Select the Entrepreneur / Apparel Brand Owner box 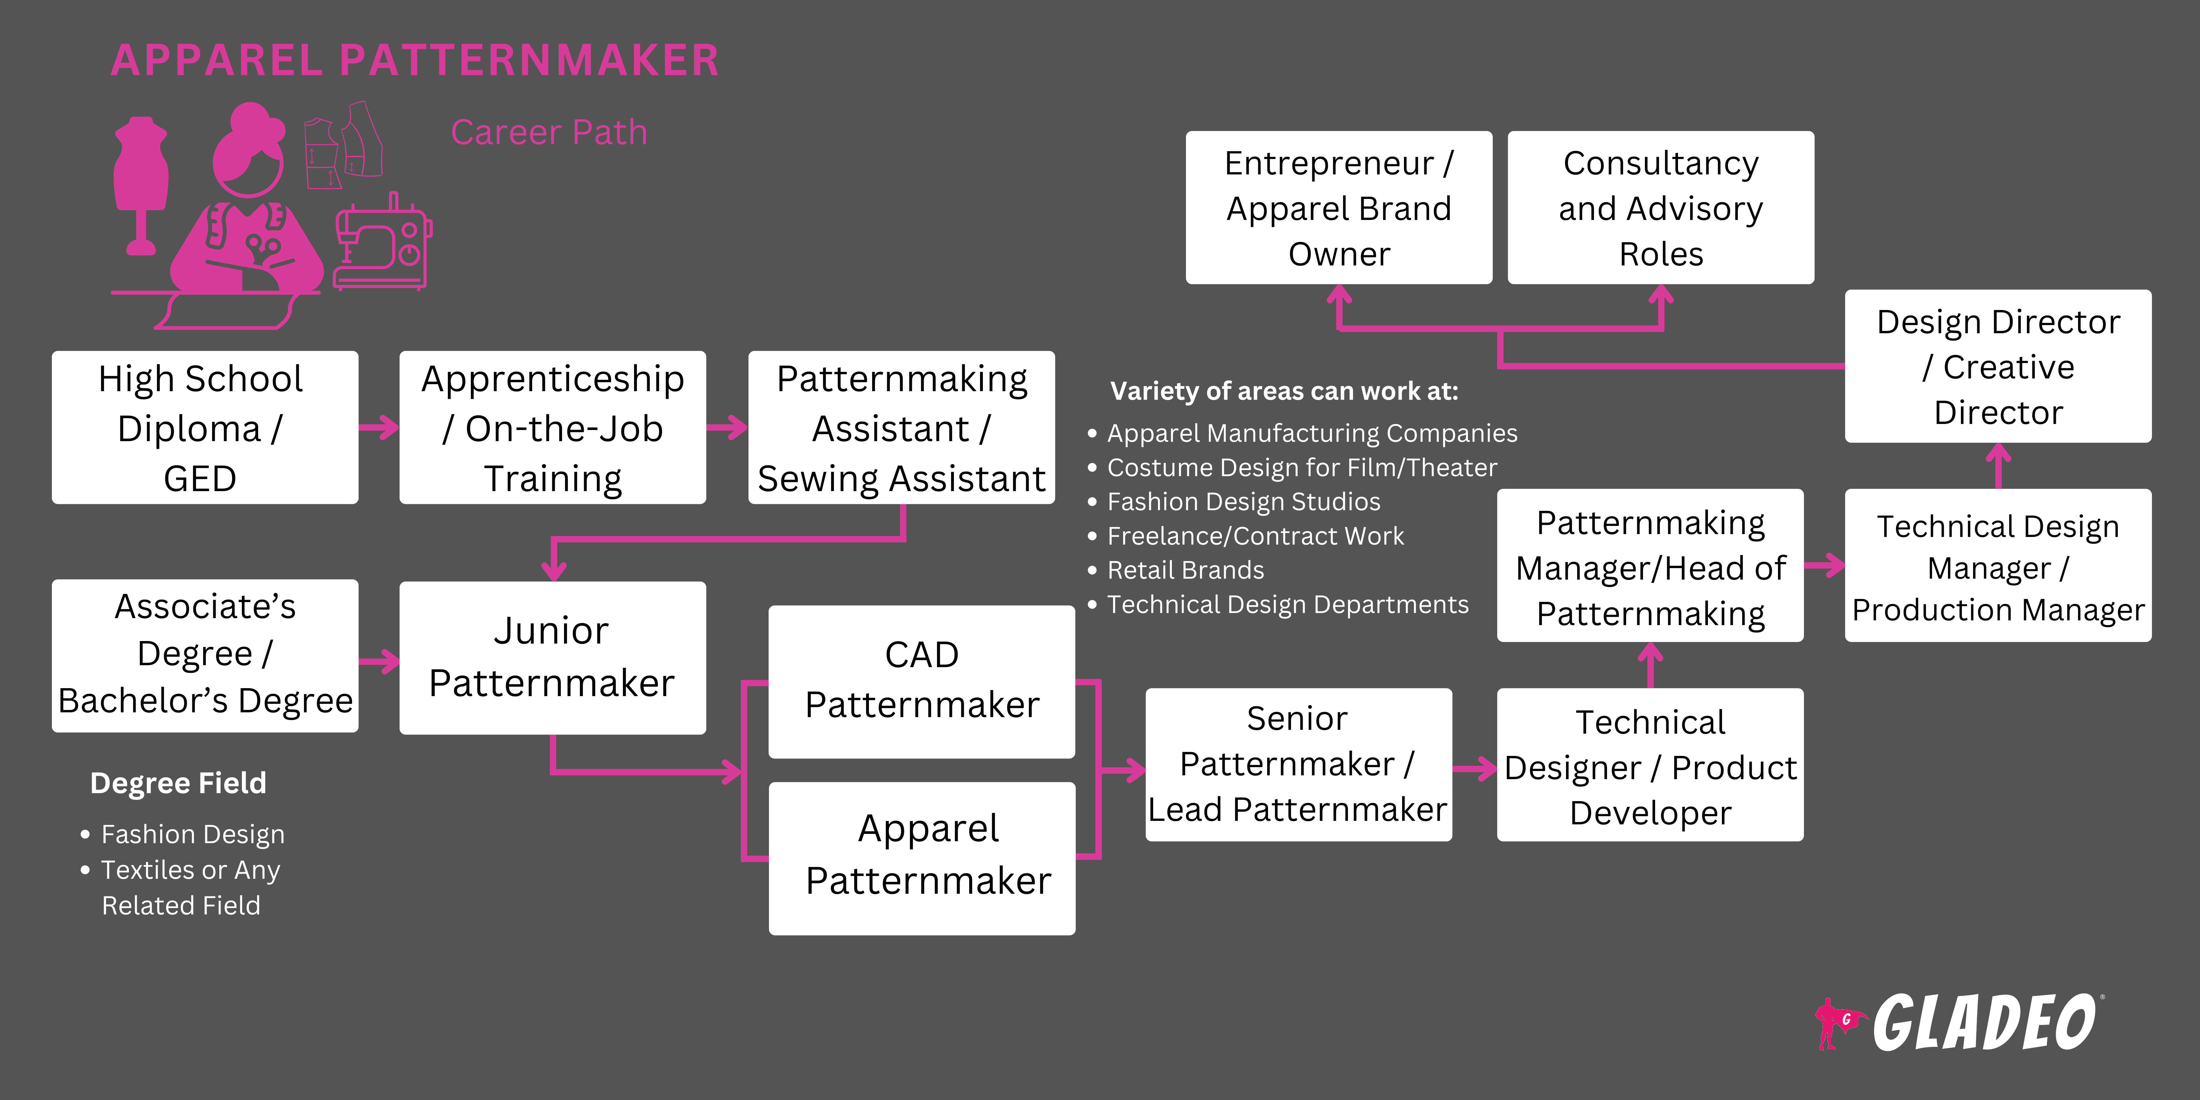pos(1338,208)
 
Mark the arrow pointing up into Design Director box pos(1998,465)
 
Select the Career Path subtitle pos(548,132)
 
